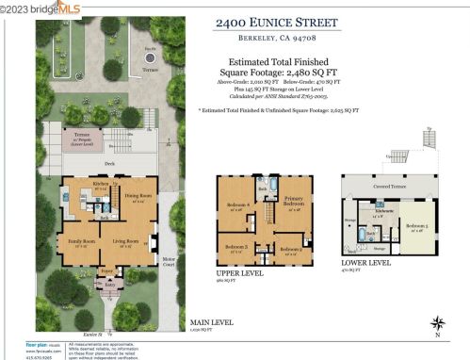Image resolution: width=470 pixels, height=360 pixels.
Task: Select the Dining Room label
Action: (x=138, y=197)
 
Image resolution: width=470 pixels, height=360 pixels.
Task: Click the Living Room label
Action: (x=127, y=242)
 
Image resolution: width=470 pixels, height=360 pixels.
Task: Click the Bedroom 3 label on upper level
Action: (x=237, y=248)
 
